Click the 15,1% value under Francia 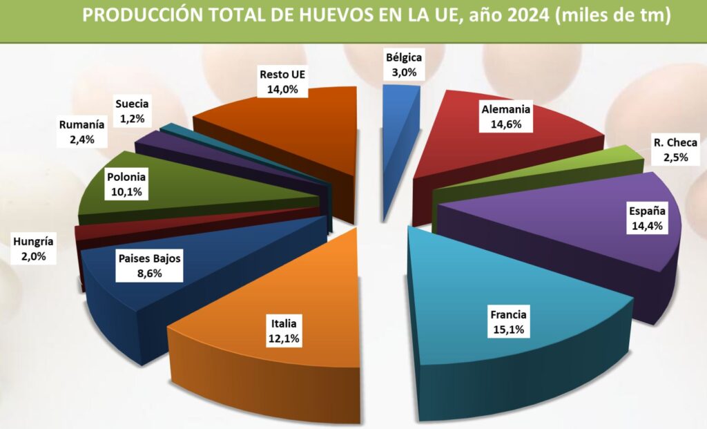pyautogui.click(x=509, y=330)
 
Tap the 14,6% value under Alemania pyautogui.click(x=507, y=124)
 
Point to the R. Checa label pyautogui.click(x=676, y=143)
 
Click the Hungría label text pyautogui.click(x=33, y=242)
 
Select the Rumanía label pyautogui.click(x=82, y=125)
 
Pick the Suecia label pyautogui.click(x=132, y=105)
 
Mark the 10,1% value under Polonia pyautogui.click(x=126, y=192)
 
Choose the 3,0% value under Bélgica pyautogui.click(x=404, y=72)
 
